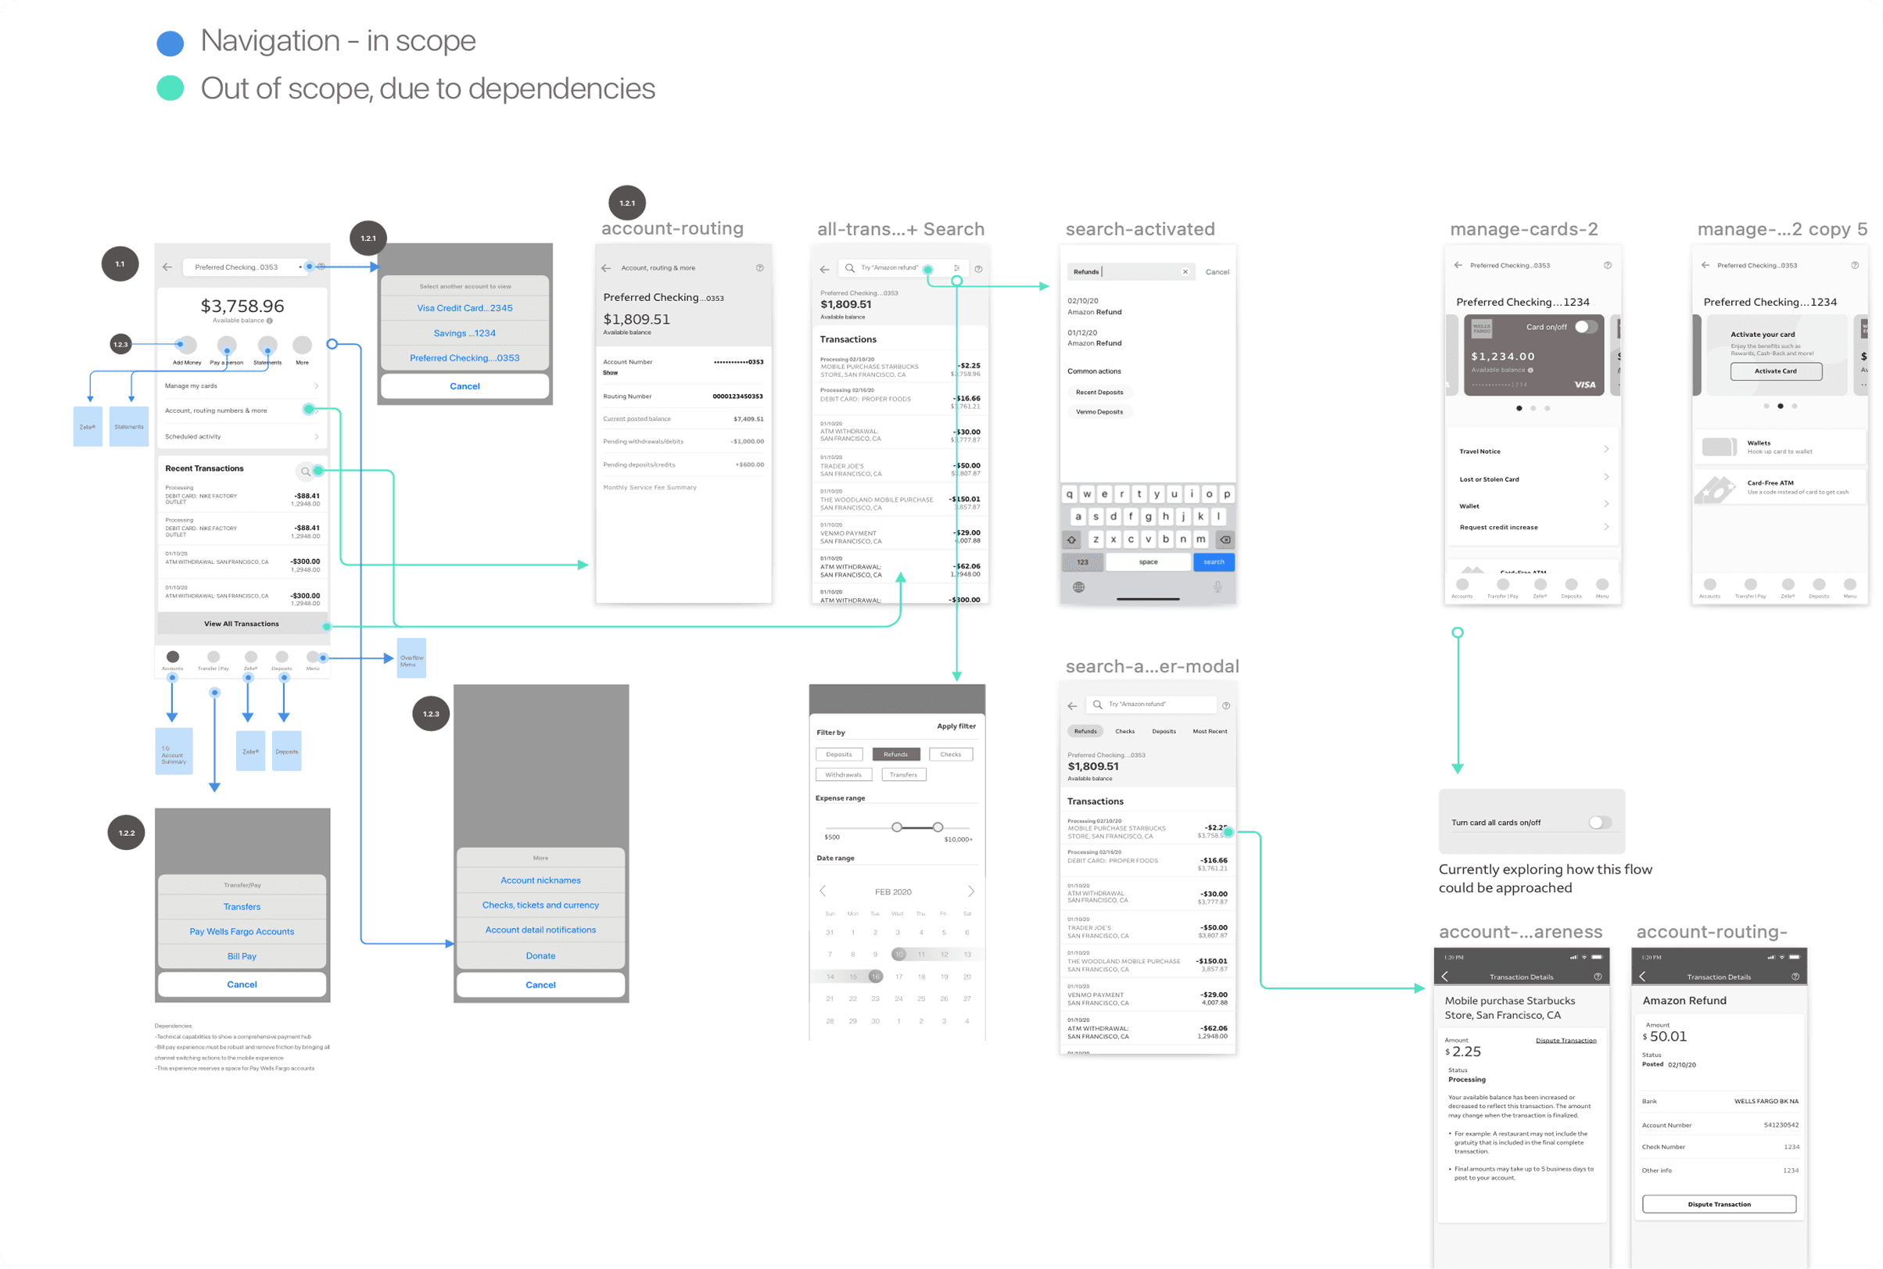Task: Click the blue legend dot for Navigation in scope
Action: (x=170, y=43)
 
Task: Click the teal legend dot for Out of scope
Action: (x=170, y=88)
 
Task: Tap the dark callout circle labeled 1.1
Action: (x=120, y=263)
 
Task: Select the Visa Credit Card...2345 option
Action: (x=464, y=308)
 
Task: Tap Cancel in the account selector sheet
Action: (x=464, y=386)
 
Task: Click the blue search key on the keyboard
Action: (x=1213, y=561)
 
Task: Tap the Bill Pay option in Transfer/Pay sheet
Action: (x=242, y=955)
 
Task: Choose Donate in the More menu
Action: (x=540, y=955)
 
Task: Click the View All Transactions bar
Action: (x=241, y=624)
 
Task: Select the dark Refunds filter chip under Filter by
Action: (x=896, y=755)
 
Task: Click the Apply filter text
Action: (x=956, y=726)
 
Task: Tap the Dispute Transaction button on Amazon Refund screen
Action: (x=1719, y=1204)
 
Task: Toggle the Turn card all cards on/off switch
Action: (x=1599, y=823)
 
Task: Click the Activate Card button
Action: (x=1775, y=371)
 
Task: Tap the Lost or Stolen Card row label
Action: (x=1489, y=479)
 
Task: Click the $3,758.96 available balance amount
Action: (x=242, y=306)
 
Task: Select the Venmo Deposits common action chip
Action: (x=1099, y=412)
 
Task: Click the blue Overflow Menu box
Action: (x=411, y=659)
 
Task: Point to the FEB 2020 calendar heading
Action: (x=892, y=892)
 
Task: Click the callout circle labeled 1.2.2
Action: (x=126, y=833)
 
